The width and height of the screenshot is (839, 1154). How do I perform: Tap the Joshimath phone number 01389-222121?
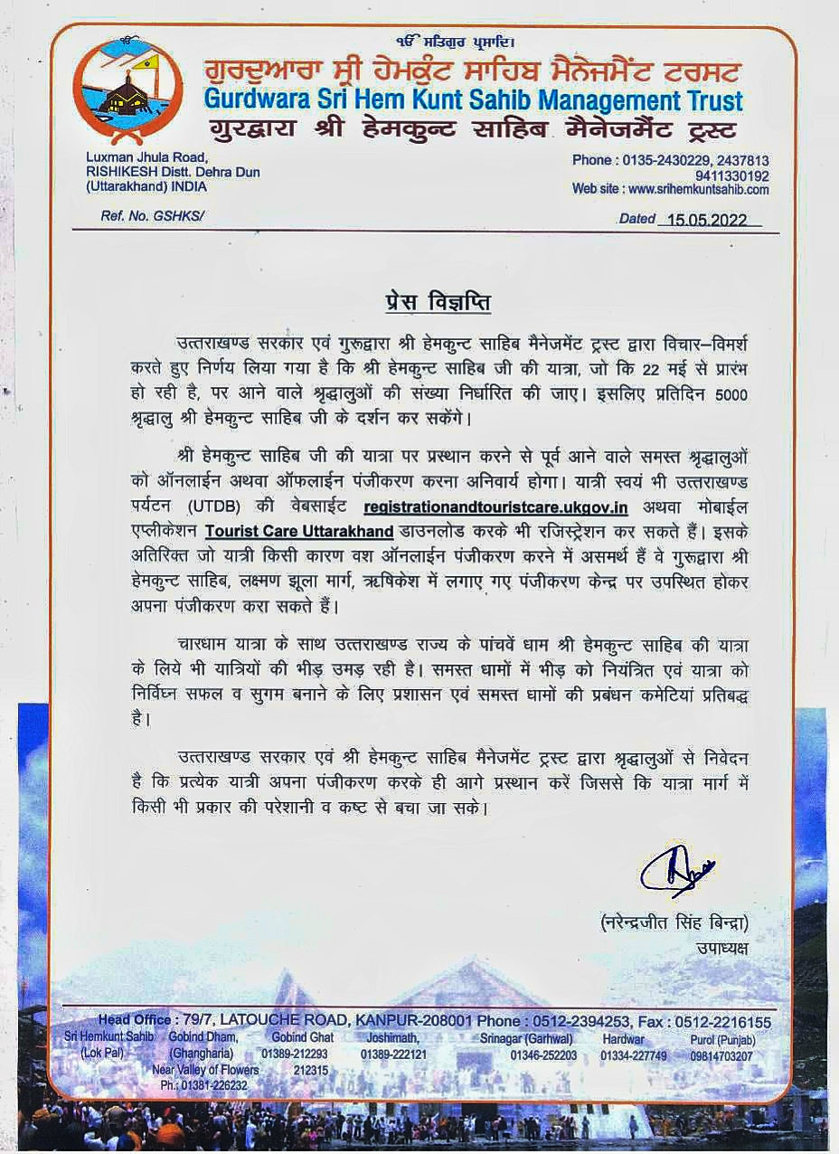click(393, 1055)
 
